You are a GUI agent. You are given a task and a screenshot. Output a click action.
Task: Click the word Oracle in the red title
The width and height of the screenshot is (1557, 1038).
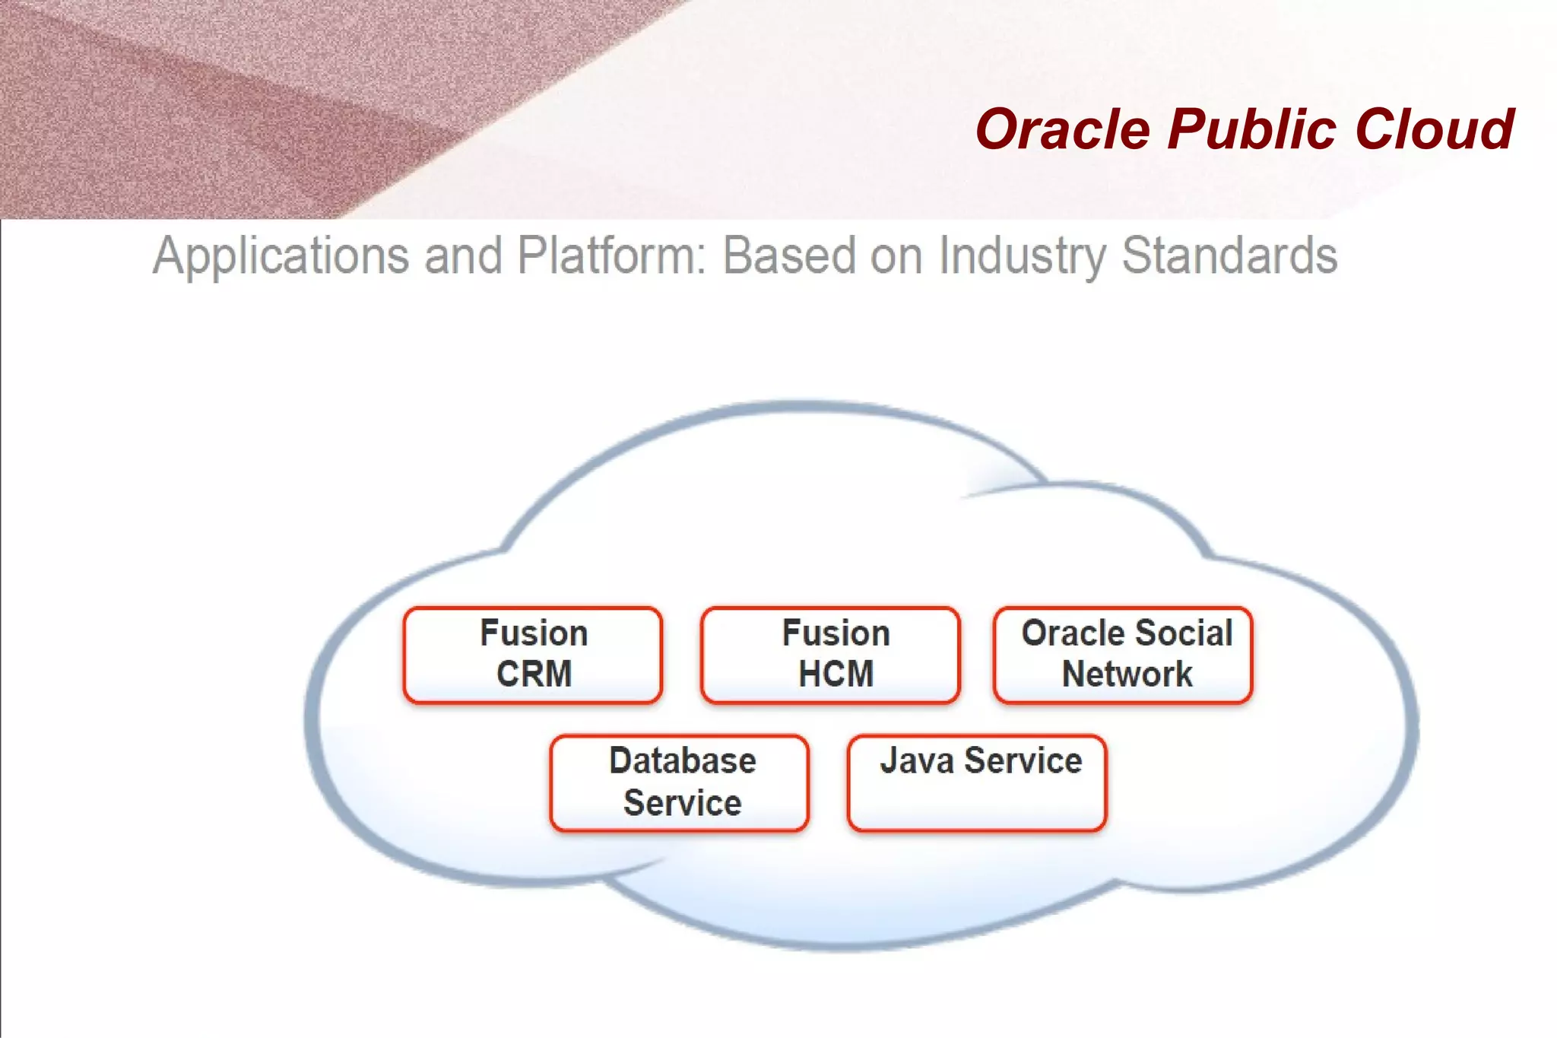point(1063,129)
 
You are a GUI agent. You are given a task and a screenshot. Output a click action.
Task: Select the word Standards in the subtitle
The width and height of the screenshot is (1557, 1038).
point(1229,256)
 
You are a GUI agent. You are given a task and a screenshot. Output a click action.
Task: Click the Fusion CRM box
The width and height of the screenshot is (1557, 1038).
point(533,655)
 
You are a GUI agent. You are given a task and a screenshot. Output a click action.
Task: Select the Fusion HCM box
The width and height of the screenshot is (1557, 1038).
point(830,655)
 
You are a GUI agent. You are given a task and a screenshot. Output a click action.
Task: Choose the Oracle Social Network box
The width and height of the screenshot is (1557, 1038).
point(1123,655)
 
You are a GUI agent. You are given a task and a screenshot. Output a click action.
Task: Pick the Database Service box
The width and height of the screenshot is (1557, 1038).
point(680,782)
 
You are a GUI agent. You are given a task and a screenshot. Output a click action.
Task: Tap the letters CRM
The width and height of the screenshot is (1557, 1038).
point(534,675)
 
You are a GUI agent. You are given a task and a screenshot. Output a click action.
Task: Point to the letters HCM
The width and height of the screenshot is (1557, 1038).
point(836,675)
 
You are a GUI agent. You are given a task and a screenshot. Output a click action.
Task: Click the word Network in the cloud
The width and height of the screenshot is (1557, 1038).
point(1127,675)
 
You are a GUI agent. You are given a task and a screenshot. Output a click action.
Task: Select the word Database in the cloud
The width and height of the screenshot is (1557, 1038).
point(683,761)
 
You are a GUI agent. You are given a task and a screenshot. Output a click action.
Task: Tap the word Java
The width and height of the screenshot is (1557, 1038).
point(916,761)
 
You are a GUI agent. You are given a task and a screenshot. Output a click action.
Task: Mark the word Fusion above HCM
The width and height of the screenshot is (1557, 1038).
point(836,633)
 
